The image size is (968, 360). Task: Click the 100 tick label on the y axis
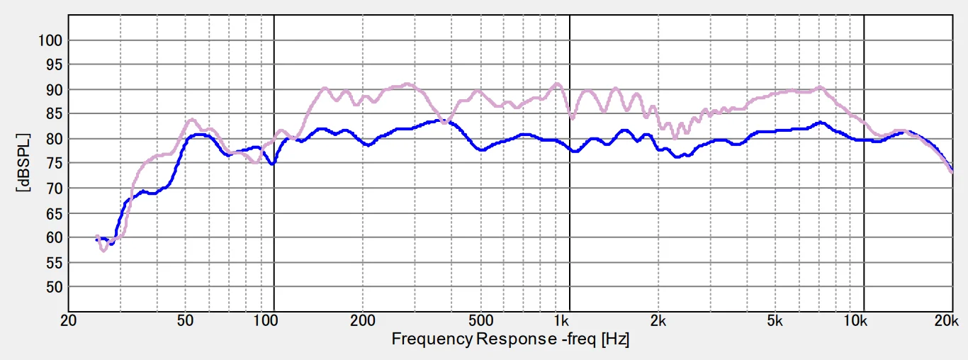(x=51, y=40)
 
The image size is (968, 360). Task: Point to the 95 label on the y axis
(x=54, y=65)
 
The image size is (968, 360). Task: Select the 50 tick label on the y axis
(x=54, y=287)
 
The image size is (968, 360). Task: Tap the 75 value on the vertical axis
(x=54, y=164)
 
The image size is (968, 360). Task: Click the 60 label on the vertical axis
(x=54, y=237)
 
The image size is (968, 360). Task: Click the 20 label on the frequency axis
(x=68, y=320)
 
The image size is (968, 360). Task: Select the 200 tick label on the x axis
(x=362, y=320)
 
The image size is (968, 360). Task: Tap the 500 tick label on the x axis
(x=480, y=320)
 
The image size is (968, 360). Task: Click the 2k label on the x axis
(x=658, y=320)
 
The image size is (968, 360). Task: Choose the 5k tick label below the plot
(x=775, y=320)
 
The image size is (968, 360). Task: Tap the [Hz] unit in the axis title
(x=615, y=339)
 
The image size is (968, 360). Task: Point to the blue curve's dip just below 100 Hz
(x=271, y=164)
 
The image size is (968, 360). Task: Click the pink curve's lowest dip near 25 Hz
(x=103, y=250)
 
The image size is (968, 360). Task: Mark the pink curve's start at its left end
(x=97, y=236)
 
